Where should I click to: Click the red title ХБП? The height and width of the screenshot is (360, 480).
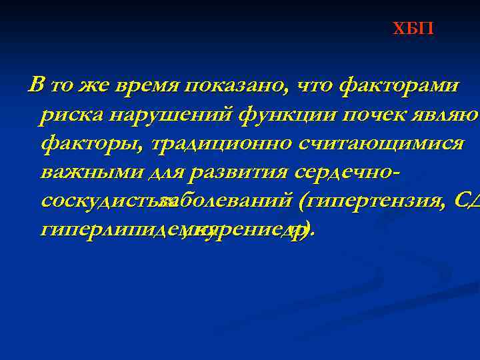[413, 29]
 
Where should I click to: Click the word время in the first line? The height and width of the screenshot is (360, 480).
[150, 86]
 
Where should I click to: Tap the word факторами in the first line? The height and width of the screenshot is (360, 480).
[398, 86]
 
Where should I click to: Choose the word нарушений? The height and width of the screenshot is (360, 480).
[169, 115]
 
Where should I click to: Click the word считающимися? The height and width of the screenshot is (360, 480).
[381, 143]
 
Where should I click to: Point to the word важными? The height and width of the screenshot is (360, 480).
[86, 172]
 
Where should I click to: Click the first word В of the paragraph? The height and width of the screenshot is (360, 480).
[37, 86]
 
